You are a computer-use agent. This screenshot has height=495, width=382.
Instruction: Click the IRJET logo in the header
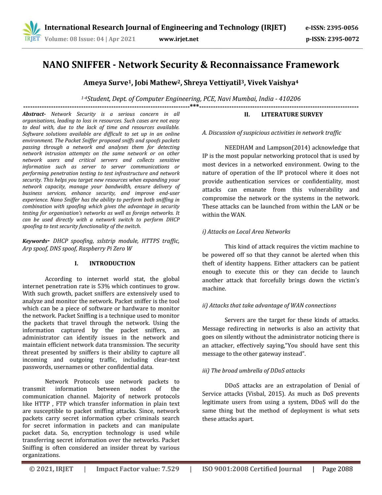31,31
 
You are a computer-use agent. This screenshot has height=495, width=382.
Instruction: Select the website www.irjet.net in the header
179,39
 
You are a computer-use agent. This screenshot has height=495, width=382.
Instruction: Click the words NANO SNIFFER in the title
76,65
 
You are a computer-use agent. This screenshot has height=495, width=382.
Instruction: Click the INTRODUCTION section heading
112,263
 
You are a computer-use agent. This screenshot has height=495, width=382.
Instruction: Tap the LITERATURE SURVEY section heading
292,114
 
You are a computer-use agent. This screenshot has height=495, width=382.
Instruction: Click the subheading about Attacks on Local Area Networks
246,232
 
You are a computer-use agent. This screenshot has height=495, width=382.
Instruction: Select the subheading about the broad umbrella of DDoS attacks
253,371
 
